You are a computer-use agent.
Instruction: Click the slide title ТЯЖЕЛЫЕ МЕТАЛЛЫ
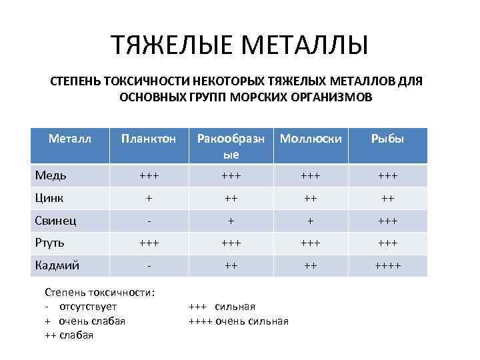[x=239, y=46]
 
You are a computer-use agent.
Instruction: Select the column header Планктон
[x=148, y=139]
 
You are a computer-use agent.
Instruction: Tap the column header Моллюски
[x=311, y=139]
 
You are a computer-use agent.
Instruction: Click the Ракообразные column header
[x=230, y=146]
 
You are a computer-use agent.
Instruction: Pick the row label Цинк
[x=50, y=197]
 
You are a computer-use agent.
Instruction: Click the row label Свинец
[x=55, y=220]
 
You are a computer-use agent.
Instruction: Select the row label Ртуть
[x=50, y=243]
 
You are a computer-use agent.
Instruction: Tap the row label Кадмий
[x=57, y=265]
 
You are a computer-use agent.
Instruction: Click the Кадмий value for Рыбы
[x=388, y=265]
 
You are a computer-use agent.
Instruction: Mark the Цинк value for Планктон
[x=148, y=198]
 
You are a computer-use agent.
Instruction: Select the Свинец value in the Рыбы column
[x=388, y=221]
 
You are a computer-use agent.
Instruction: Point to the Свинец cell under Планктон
[x=148, y=221]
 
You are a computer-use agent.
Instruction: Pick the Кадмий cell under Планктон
[x=148, y=265]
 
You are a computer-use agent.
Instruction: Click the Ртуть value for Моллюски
[x=310, y=243]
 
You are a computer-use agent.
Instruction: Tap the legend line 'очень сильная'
[x=239, y=321]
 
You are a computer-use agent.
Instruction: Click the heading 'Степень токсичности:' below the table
[x=99, y=291]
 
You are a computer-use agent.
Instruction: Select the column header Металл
[x=70, y=138]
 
